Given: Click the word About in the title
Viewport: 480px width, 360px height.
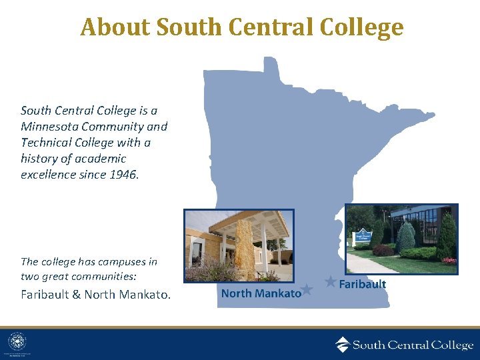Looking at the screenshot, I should point(115,27).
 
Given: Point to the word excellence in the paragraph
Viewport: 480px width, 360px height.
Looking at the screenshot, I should point(47,175).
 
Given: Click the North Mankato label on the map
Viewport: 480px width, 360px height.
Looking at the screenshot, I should point(261,293).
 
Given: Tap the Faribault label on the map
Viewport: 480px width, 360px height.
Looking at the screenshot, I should point(363,284).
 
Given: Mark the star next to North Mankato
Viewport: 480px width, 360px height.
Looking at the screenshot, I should point(307,289).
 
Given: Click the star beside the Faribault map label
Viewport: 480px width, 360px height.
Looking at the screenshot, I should point(330,282).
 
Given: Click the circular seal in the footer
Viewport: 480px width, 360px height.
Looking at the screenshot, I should point(17,343).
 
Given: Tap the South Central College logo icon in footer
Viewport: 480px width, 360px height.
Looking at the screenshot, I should point(342,345).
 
